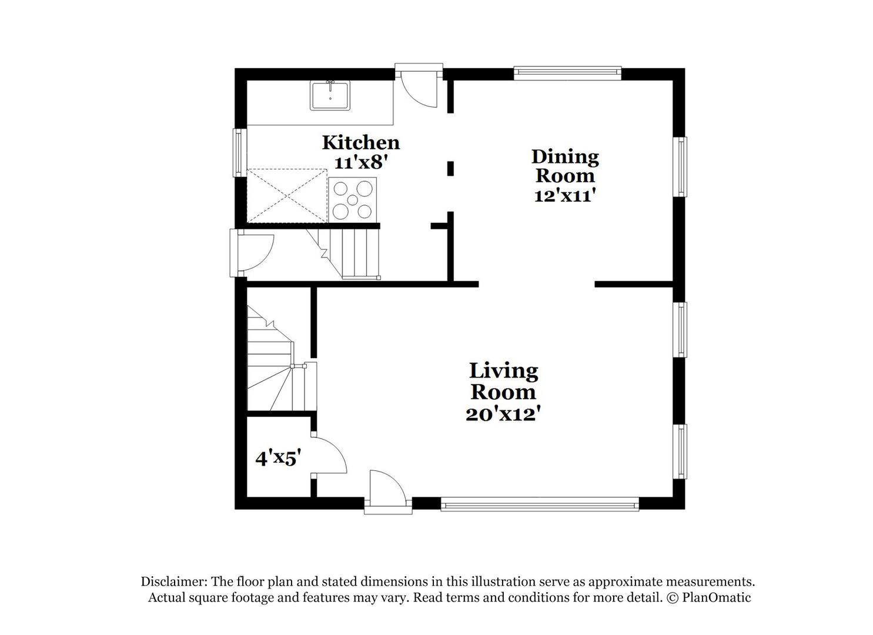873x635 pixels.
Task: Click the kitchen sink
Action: coord(330,95)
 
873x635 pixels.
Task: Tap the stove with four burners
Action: coord(353,200)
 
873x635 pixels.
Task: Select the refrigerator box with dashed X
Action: coord(286,196)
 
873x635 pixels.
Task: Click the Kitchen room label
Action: coord(360,142)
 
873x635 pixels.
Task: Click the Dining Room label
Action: coord(565,166)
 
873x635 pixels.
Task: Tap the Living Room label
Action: coord(503,381)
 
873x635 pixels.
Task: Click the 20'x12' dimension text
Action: coord(503,414)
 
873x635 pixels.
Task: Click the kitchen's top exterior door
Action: coord(419,87)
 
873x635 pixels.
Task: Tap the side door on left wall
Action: coord(253,252)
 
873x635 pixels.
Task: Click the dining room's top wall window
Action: coord(567,72)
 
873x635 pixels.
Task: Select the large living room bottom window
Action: coord(539,504)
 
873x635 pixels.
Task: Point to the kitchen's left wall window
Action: coord(238,152)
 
